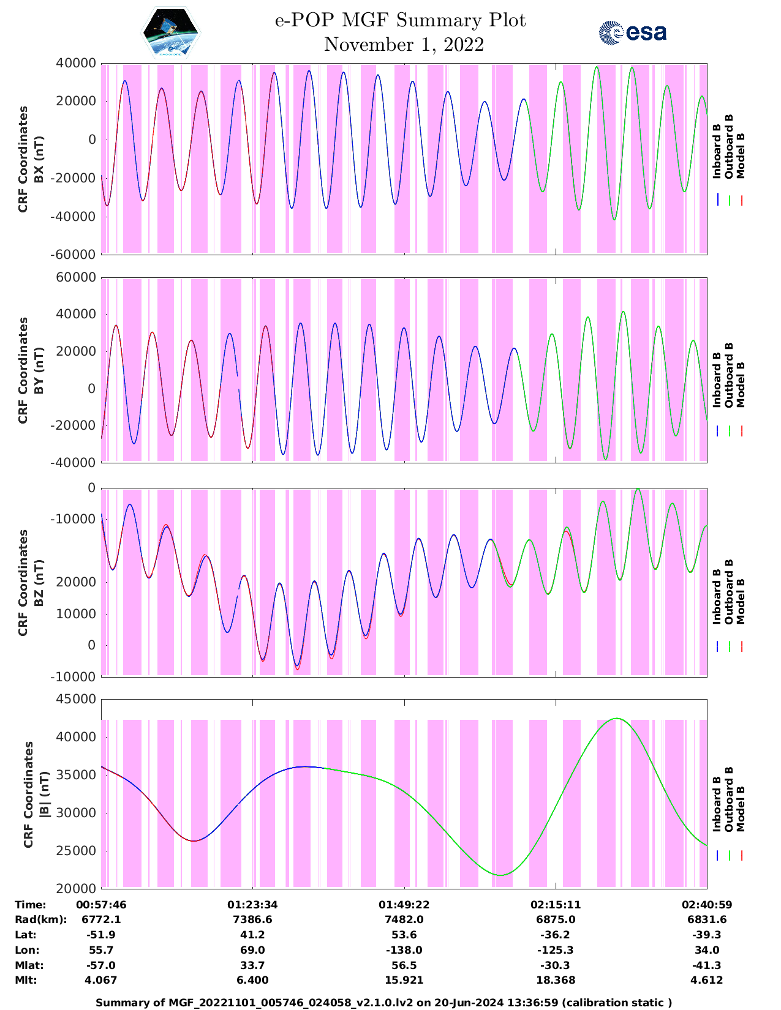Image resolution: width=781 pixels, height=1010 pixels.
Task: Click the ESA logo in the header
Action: (632, 32)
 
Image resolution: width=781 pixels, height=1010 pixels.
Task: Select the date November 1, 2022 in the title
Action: (404, 45)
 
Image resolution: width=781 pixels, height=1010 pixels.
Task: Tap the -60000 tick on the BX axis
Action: (75, 254)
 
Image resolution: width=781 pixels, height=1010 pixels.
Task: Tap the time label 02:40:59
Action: (707, 905)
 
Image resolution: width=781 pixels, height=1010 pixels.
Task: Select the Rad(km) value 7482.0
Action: (404, 919)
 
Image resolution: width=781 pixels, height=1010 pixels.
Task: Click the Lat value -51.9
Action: (101, 935)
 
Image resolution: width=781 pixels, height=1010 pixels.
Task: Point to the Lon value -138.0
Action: (404, 950)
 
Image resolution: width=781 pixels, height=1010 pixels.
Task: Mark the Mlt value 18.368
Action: (556, 980)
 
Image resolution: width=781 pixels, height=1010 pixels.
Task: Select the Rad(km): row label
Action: (40, 919)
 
